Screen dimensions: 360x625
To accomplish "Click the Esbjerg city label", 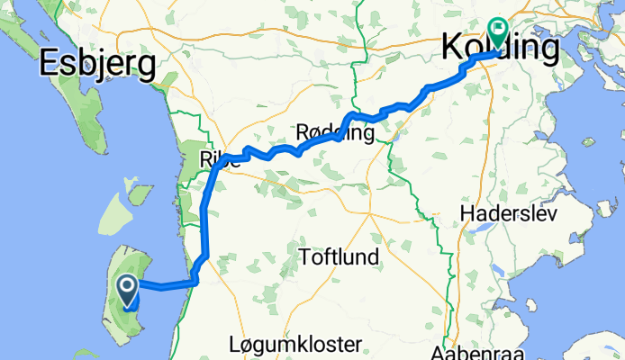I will (96, 64).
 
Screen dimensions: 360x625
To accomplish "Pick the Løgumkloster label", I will (294, 344).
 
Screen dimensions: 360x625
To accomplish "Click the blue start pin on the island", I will (127, 290).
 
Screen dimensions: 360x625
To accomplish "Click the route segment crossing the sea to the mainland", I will (167, 287).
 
